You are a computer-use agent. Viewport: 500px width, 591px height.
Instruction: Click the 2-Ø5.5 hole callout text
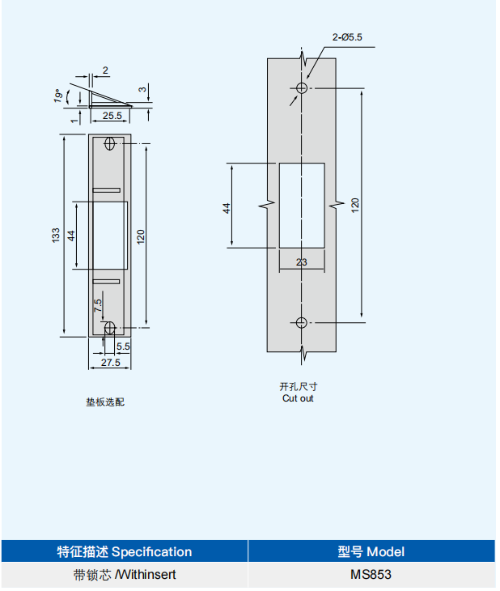347,37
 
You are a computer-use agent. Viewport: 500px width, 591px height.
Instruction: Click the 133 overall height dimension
57,235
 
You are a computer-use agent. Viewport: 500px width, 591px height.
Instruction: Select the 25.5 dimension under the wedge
112,117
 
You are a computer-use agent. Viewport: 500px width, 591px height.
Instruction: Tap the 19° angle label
57,96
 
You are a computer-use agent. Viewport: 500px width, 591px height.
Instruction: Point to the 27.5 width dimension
111,364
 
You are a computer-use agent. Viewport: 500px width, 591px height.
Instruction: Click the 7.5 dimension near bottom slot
98,306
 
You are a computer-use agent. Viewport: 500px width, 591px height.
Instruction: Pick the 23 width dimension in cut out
301,262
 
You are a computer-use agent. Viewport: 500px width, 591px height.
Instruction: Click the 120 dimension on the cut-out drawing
354,205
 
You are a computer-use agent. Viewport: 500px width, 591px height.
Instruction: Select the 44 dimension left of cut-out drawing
227,207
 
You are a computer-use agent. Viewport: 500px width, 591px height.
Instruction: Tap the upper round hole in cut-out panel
301,87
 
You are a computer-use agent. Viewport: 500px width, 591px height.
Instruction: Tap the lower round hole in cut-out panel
301,322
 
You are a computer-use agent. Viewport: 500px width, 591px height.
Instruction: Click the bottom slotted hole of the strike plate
110,328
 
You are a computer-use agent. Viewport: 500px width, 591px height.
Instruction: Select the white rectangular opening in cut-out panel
301,205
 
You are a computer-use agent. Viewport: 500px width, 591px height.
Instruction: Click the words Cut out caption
298,398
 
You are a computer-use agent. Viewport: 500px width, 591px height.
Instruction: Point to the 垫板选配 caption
105,402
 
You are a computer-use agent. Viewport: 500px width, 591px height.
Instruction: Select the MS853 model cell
371,576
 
